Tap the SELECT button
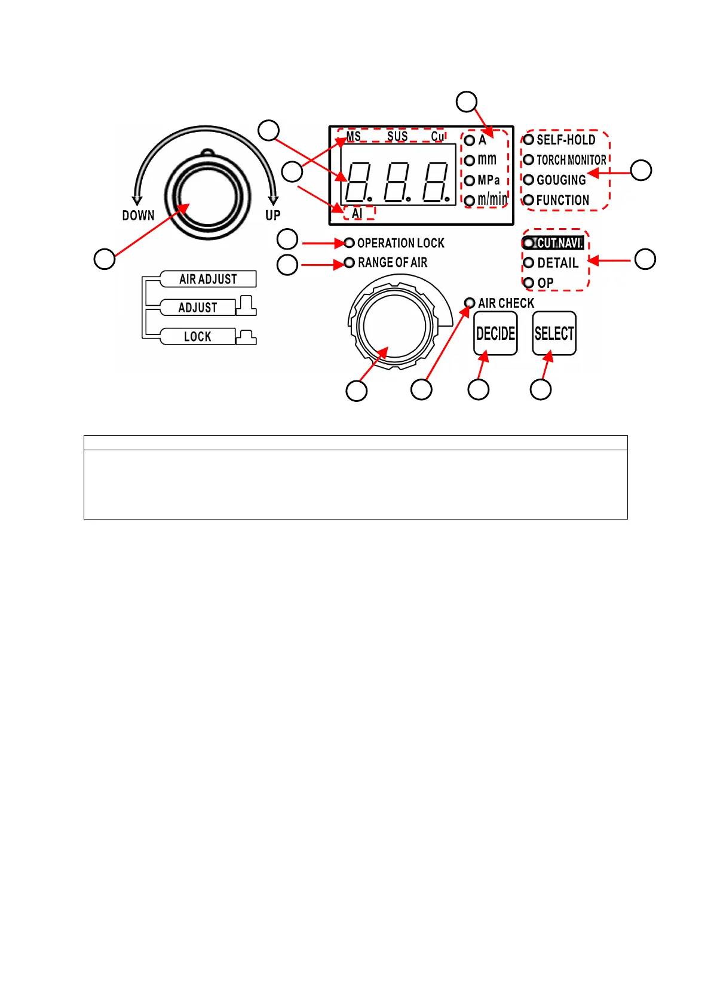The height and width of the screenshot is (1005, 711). pos(554,333)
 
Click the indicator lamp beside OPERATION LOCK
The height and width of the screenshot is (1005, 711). pos(350,243)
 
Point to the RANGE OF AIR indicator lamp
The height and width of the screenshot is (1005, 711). pos(350,263)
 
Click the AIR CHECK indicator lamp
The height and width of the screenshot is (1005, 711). pos(470,303)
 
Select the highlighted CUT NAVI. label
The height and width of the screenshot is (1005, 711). pos(559,243)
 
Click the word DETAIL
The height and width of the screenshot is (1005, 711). pos(557,263)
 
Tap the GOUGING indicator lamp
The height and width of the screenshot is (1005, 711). pos(528,180)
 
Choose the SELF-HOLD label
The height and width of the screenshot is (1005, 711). pos(565,140)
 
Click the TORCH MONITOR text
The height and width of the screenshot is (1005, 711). pos(571,160)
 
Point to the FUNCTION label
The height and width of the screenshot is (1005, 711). pos(562,200)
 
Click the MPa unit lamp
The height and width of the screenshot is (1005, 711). pos(470,180)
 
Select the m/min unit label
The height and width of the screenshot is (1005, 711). pos(492,199)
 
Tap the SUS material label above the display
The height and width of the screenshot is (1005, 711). pos(397,136)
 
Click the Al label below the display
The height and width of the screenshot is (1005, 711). pos(357,213)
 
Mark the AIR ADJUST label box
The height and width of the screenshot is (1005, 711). pos(208,279)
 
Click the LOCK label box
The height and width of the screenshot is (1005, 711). pos(197,336)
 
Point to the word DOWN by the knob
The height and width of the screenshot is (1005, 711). pos(138,216)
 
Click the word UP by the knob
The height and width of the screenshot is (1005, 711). pos(272,215)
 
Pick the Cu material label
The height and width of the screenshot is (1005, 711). pos(437,136)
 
